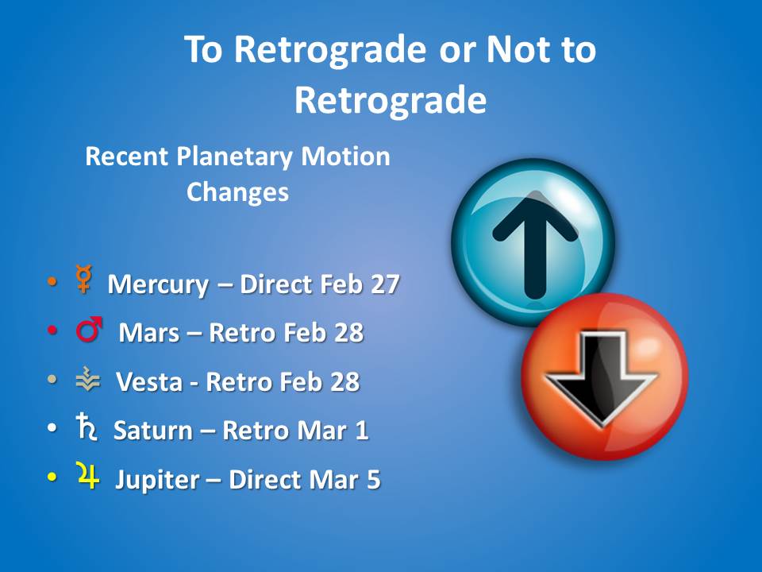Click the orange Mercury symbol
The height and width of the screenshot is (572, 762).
click(84, 279)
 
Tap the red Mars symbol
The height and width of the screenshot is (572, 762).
click(89, 329)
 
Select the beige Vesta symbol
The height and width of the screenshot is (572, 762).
click(88, 379)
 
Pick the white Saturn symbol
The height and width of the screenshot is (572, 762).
click(86, 427)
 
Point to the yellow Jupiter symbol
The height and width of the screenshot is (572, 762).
click(88, 475)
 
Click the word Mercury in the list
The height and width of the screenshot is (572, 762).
click(158, 285)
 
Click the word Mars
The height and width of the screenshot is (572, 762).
click(148, 333)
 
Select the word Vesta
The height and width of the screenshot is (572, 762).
click(149, 382)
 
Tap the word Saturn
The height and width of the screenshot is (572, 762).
click(152, 431)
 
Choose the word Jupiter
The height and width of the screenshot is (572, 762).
click(157, 480)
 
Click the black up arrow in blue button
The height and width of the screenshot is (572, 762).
click(535, 245)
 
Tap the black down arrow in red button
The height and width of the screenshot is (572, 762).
click(602, 377)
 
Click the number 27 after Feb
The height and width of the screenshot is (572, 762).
click(385, 284)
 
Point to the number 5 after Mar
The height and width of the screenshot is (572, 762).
click(373, 480)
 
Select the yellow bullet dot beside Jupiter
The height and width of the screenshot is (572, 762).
click(52, 477)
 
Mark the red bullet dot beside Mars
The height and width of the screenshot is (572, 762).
click(52, 330)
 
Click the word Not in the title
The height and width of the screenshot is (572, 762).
click(518, 49)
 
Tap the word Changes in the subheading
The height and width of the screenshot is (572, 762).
click(237, 192)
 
